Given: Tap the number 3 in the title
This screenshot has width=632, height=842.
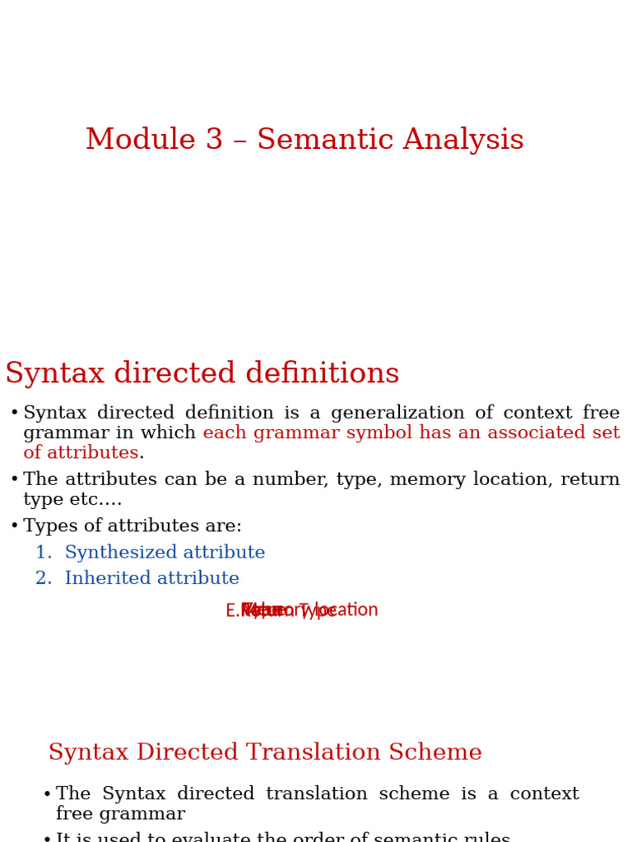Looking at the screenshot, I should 215,140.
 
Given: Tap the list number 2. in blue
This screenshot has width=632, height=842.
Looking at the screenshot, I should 44,579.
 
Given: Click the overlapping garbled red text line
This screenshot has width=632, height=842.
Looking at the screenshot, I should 301,610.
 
